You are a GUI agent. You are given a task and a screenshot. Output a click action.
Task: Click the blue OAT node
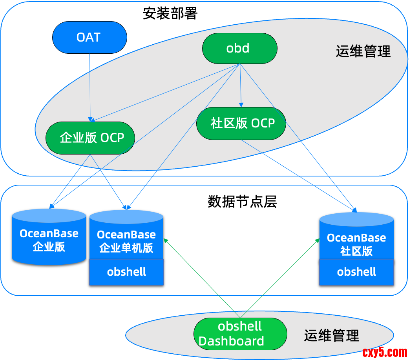(89, 37)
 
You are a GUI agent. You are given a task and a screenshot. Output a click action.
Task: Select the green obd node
(239, 48)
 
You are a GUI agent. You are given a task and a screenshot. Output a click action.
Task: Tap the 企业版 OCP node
(90, 138)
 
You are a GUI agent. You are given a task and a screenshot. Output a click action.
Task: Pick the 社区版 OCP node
(241, 123)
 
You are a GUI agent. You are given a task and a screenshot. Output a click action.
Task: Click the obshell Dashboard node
(240, 334)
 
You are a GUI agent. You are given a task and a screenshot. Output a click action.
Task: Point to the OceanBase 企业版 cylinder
(49, 240)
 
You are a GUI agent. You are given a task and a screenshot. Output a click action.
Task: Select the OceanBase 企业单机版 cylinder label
(126, 241)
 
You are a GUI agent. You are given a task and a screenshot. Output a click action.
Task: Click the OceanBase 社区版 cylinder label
(356, 244)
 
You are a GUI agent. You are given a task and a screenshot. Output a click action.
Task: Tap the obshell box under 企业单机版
(126, 272)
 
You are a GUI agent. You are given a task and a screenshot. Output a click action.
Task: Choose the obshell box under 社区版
(356, 272)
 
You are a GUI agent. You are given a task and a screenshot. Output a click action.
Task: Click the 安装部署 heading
(170, 14)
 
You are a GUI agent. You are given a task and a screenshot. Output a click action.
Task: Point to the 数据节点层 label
(242, 202)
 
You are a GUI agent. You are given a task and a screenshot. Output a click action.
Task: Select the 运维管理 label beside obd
(363, 51)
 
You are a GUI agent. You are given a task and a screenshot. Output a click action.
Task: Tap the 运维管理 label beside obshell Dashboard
(332, 336)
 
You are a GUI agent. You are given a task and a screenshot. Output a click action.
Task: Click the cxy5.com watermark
(385, 352)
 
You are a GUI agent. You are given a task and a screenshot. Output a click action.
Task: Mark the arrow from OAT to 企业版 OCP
(90, 86)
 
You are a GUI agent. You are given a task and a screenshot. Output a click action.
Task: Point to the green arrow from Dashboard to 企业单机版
(202, 277)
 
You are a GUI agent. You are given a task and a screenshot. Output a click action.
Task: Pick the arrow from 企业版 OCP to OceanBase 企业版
(71, 180)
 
